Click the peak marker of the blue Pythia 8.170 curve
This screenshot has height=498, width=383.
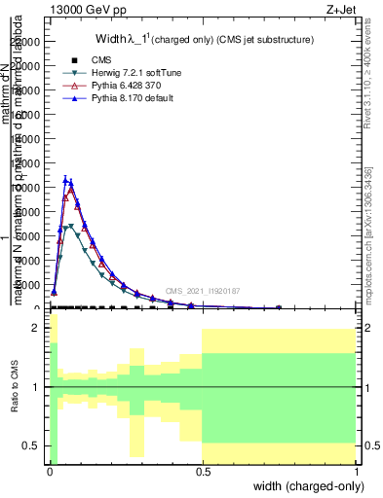[x=65, y=179]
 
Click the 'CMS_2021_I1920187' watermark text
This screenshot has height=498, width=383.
[x=204, y=291]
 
